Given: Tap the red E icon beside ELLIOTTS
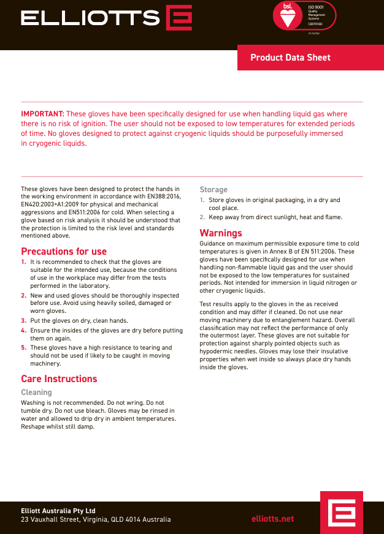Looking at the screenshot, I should pos(179,18).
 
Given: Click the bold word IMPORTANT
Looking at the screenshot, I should pos(42,114).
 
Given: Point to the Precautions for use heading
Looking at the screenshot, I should pos(64,251).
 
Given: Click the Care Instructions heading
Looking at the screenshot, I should pos(59,378).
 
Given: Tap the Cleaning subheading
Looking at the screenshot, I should pos(36,392).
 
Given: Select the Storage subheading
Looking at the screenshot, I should pos(213,190).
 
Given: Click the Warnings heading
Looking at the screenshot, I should pos(221,233).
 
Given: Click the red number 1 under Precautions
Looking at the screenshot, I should pos(24,262).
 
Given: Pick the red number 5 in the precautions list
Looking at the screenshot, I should pos(24,348).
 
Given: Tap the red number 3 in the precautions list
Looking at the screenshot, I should pos(24,320).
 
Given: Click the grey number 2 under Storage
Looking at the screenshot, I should pos(202,217).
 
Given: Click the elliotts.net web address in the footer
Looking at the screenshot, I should pos(273,519).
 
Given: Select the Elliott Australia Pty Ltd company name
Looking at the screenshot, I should pos(58,511).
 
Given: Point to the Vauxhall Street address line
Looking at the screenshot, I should pos(96,520).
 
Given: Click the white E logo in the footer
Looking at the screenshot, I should pos(341,511).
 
